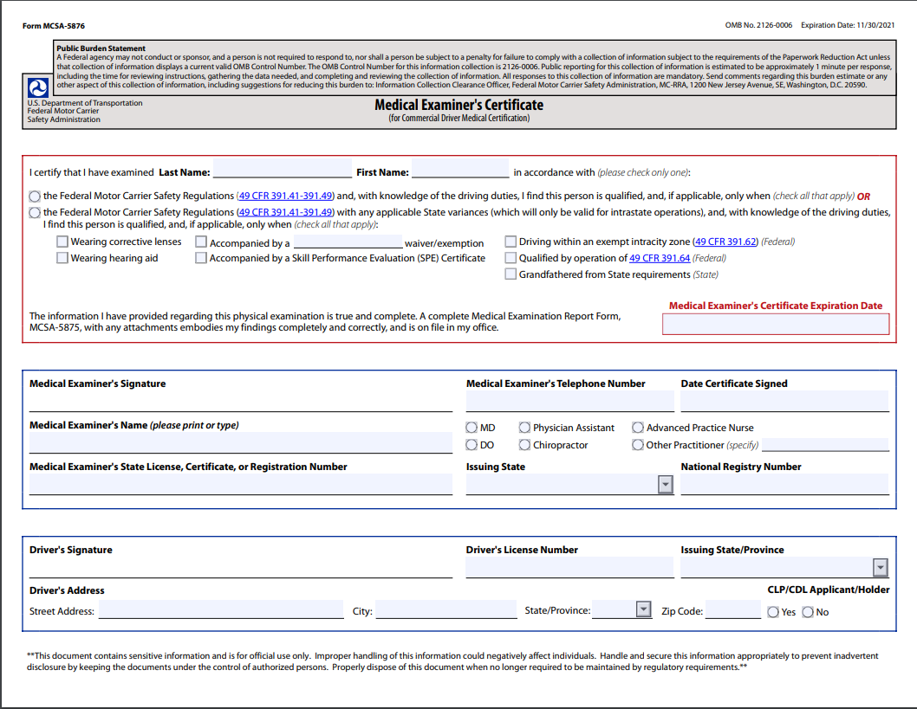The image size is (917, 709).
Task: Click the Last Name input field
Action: tap(282, 170)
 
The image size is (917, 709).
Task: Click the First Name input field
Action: tap(460, 170)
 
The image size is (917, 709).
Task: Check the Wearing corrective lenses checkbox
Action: tap(62, 242)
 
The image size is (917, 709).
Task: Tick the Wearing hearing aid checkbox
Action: tap(62, 258)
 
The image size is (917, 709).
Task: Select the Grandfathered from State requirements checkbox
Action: tap(511, 274)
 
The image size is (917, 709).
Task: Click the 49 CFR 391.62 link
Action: tap(726, 242)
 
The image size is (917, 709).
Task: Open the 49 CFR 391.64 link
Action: tap(660, 258)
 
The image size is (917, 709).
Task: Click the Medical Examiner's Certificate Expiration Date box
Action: tap(776, 325)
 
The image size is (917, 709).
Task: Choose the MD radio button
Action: tap(472, 428)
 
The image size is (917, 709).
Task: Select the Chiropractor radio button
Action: tap(525, 445)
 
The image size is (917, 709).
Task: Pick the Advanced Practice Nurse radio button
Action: tap(638, 428)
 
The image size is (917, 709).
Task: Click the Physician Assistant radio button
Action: tap(525, 428)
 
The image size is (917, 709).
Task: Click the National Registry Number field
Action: tap(784, 485)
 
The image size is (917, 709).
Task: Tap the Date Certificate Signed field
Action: tap(784, 402)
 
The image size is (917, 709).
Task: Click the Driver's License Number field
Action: tap(569, 568)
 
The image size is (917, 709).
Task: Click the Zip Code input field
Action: tap(732, 610)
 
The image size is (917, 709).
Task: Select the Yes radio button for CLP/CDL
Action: tap(773, 612)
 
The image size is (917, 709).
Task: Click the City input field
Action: tap(445, 610)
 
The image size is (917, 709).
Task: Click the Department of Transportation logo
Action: tap(38, 87)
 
